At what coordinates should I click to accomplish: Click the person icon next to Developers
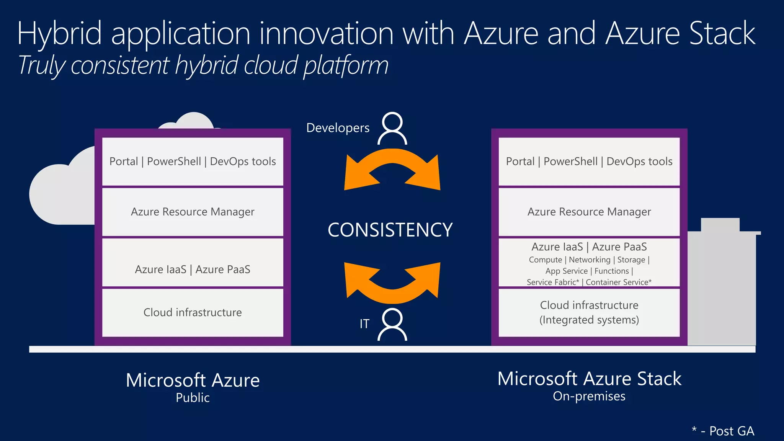click(392, 129)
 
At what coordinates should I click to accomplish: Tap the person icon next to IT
click(392, 325)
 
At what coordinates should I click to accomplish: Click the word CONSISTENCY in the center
click(390, 230)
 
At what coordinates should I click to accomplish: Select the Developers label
click(338, 128)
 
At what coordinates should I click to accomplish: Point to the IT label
click(364, 324)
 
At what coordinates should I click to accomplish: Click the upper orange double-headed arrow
click(392, 168)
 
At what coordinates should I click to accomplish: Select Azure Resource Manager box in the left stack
click(193, 212)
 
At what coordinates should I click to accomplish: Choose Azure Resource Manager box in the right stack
click(589, 212)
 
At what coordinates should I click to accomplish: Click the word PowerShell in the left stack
click(174, 162)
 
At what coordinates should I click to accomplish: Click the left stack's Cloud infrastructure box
click(193, 312)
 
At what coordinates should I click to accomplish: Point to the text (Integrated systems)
click(589, 320)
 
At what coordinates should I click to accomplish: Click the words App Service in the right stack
click(566, 271)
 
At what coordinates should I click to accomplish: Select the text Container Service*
click(618, 283)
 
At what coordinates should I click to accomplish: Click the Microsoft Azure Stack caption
click(589, 379)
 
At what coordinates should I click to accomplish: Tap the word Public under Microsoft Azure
click(193, 398)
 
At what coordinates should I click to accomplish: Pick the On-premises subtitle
click(589, 396)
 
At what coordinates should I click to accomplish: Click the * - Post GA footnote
click(723, 431)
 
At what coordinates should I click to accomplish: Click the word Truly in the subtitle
click(41, 66)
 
